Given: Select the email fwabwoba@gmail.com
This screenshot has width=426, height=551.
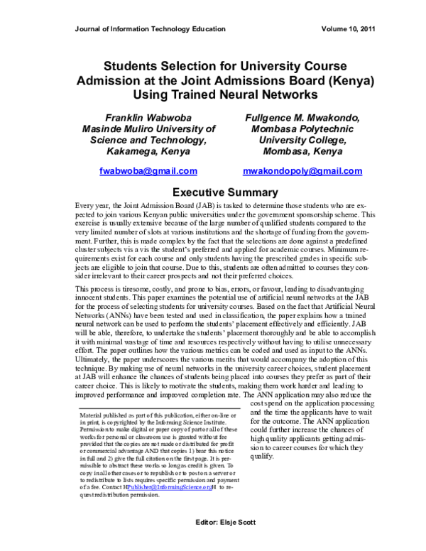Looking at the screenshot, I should pyautogui.click(x=148, y=172).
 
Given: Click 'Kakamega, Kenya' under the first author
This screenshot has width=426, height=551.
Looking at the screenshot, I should pyautogui.click(x=148, y=151).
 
